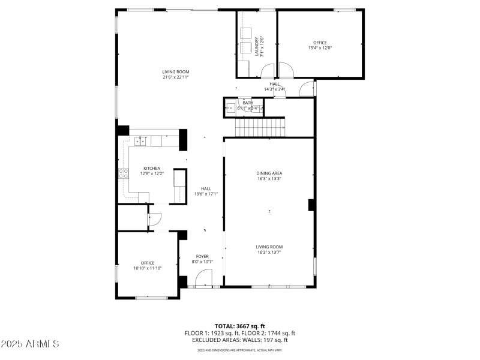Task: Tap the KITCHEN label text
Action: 151,168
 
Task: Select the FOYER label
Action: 202,256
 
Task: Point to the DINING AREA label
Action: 269,173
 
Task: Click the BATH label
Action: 247,103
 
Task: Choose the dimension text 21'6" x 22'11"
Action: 175,77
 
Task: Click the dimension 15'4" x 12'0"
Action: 320,48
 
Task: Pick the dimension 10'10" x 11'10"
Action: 148,268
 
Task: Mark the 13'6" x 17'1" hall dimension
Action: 206,194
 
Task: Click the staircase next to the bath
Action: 260,127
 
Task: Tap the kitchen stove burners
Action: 124,174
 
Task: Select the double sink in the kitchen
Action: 140,142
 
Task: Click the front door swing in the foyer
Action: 205,278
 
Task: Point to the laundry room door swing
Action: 268,70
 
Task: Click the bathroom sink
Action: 230,109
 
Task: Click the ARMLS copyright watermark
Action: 30,344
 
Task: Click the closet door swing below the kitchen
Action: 154,220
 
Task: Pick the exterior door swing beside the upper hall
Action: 307,88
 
